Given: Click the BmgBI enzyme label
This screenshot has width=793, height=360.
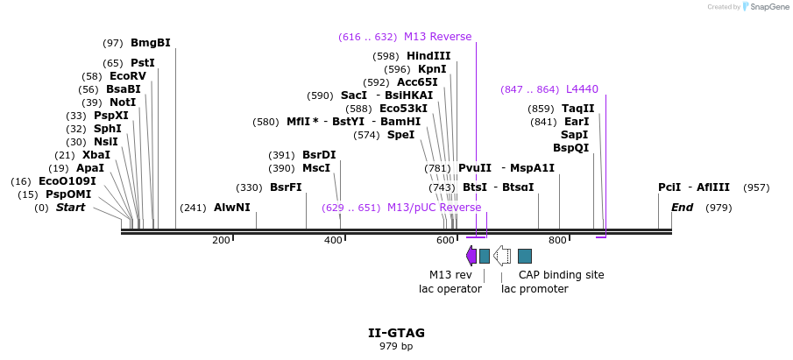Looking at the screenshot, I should [x=150, y=43].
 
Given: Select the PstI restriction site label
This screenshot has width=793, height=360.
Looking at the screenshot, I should [x=142, y=63].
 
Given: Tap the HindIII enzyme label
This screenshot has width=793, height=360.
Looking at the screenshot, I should [x=428, y=56].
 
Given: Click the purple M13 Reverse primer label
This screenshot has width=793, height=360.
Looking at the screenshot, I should [x=437, y=37].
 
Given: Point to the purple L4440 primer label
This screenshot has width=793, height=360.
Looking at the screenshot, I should [x=582, y=89].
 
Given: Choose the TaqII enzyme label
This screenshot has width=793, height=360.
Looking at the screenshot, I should [x=577, y=109].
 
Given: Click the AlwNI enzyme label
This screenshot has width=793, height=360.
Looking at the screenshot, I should [x=231, y=208].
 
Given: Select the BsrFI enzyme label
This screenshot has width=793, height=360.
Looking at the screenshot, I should [x=286, y=187].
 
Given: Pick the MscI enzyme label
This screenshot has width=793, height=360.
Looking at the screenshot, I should [x=316, y=168].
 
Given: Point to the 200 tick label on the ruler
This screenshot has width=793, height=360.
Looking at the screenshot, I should [x=221, y=240].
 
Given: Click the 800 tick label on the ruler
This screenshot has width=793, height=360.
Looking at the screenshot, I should [x=557, y=240].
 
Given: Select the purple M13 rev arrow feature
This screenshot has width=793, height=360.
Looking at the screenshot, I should [x=471, y=256].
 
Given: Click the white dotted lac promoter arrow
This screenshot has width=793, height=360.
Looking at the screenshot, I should [x=502, y=256].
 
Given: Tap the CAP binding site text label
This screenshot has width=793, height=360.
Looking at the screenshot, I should [x=561, y=275].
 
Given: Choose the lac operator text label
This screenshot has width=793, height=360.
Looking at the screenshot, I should [x=450, y=289].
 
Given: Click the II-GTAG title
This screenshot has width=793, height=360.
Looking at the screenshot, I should [x=396, y=333].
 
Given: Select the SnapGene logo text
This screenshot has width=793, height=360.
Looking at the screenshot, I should [x=764, y=7].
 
